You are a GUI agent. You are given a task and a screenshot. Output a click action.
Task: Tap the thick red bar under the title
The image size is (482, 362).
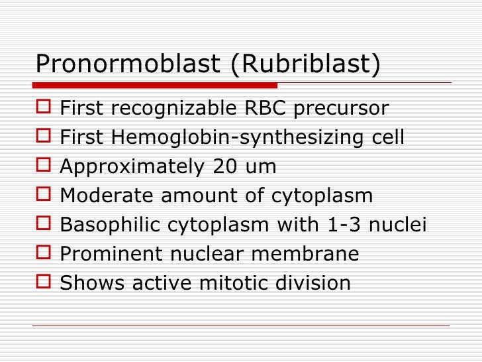click(155, 86)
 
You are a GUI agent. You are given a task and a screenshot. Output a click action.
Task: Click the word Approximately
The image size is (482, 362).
click(130, 167)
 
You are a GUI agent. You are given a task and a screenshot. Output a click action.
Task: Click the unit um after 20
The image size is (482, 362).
click(260, 167)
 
